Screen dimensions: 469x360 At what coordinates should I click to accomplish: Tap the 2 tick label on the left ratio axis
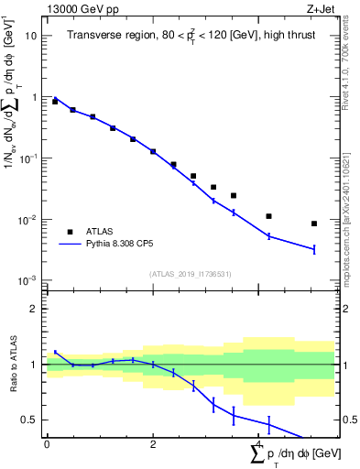coord(35,309)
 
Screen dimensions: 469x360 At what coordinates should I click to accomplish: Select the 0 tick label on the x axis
coord(47,443)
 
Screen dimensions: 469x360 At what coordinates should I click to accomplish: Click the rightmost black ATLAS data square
coord(313,224)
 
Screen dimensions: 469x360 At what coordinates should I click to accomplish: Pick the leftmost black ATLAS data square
coord(55,102)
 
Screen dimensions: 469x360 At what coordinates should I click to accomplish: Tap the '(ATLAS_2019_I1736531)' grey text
coord(191,273)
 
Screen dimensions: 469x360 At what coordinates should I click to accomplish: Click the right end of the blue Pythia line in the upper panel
coord(313,249)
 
